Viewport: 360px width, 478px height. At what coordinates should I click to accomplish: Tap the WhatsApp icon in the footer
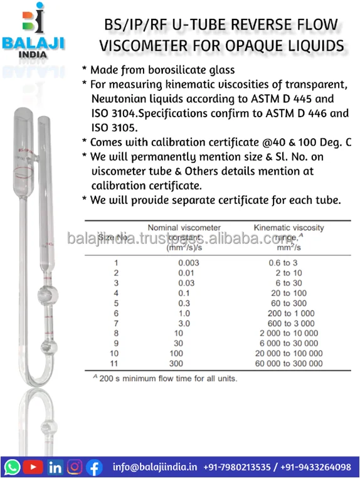tap(12, 467)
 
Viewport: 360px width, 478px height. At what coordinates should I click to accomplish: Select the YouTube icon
tap(33, 467)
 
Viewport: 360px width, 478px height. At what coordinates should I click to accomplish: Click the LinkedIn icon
tap(55, 467)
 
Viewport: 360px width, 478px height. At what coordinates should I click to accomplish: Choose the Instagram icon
tap(75, 467)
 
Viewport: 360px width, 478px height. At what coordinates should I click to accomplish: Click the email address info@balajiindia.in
tap(156, 467)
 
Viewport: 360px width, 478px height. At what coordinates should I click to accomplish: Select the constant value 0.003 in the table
tap(188, 263)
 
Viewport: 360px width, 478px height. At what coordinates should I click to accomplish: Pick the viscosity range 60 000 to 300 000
tap(288, 363)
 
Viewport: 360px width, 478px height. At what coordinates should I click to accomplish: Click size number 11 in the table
tap(115, 363)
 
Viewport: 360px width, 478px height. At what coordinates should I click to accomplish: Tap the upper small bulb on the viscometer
tap(44, 292)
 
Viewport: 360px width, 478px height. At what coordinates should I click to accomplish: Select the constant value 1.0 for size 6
tap(184, 313)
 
